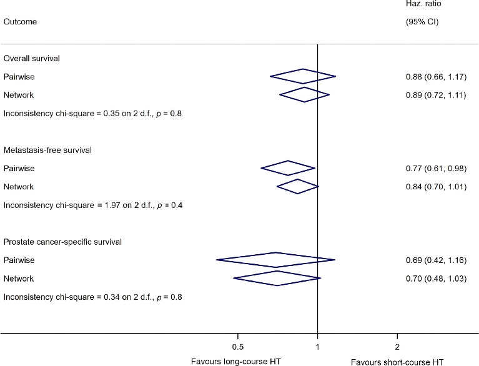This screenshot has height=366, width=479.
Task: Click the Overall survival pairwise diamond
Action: [x=303, y=76]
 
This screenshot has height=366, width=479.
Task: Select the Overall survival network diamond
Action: [x=304, y=95]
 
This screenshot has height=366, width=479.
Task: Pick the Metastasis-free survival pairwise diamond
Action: [x=288, y=168]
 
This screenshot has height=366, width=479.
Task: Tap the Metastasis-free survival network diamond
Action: [x=297, y=186]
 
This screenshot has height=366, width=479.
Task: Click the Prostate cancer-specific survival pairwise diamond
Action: [x=275, y=260]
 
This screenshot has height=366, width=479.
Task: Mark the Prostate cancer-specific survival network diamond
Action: [x=277, y=278]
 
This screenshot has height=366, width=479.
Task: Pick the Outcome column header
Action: [x=20, y=22]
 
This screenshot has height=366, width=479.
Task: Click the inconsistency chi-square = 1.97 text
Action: [x=92, y=205]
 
